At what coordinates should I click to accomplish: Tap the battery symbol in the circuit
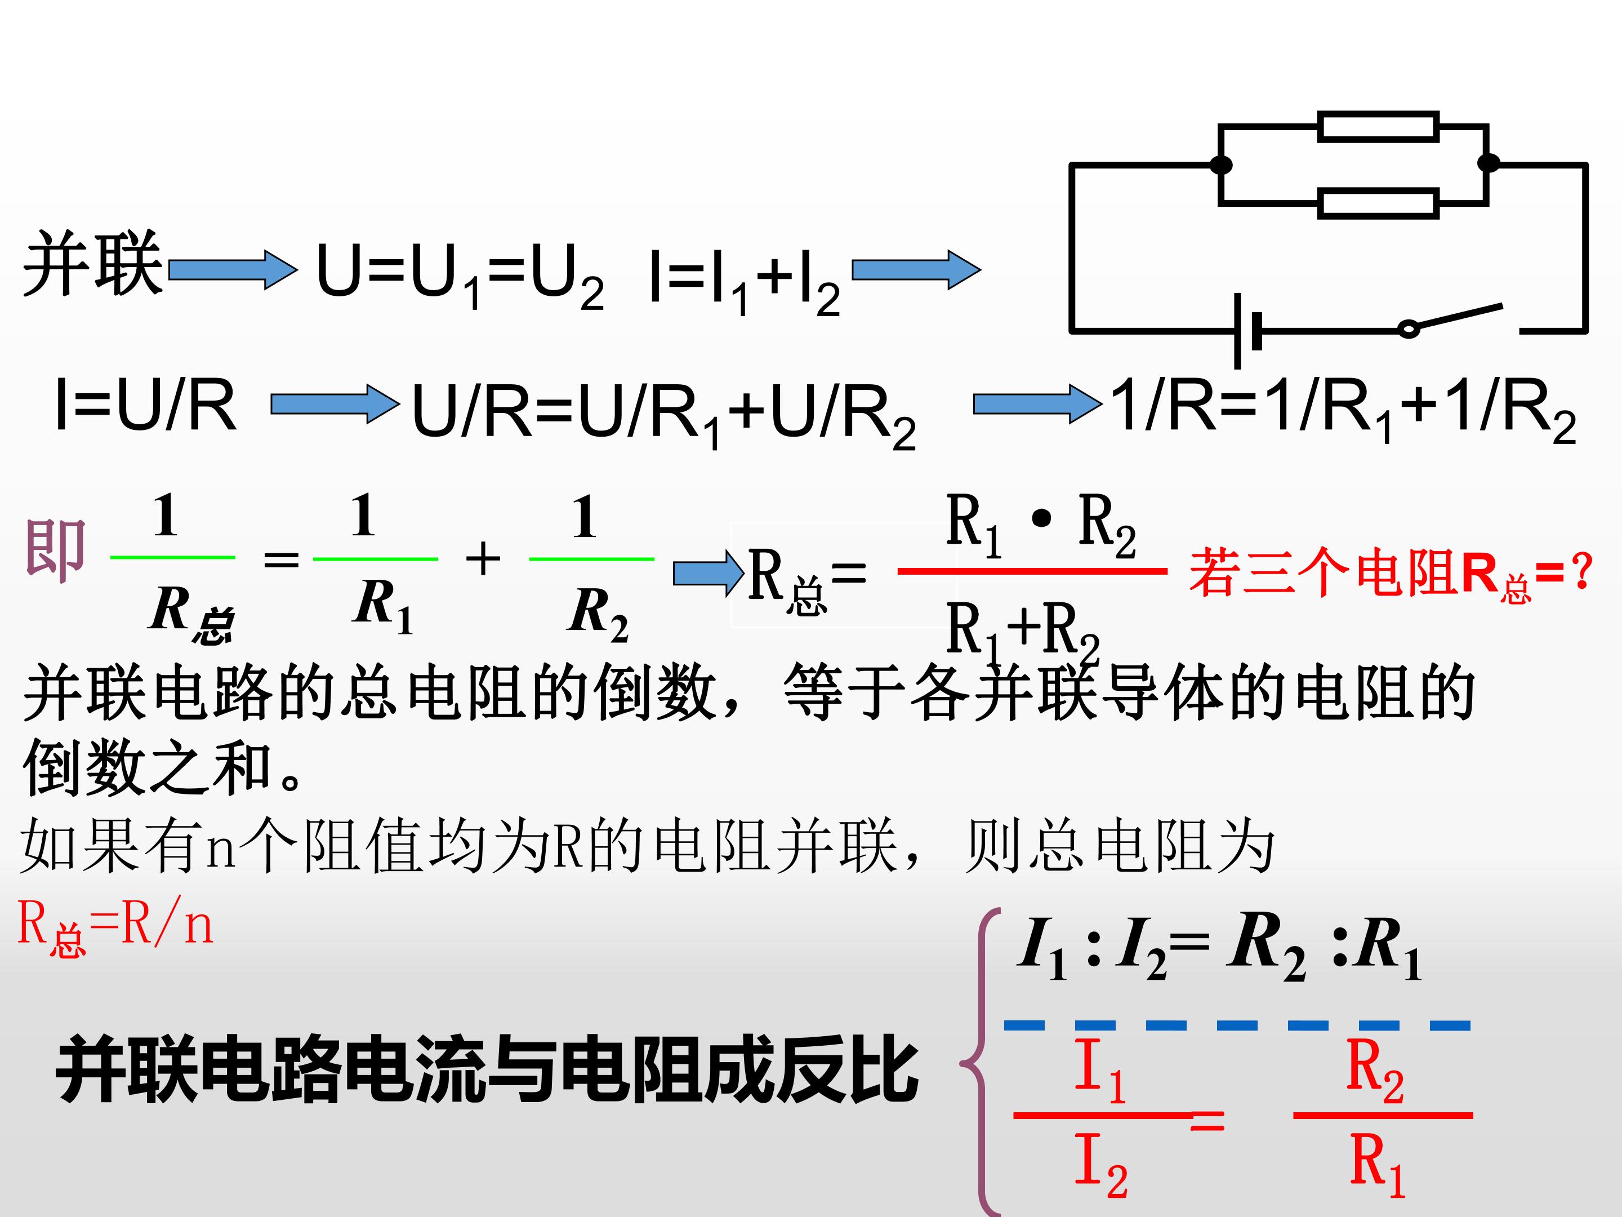click(1248, 331)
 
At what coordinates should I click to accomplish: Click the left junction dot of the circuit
click(1221, 165)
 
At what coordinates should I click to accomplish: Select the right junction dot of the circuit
click(1489, 162)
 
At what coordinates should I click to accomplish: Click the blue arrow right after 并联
click(233, 269)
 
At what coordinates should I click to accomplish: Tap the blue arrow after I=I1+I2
click(916, 270)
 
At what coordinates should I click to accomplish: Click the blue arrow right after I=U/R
click(335, 404)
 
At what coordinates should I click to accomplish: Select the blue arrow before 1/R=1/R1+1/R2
click(1037, 404)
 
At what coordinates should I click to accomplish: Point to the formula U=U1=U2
click(460, 275)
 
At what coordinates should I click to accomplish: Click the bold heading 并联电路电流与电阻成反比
click(487, 1069)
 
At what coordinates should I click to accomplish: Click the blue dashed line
click(1237, 1025)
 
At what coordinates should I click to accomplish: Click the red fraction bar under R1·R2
click(1032, 571)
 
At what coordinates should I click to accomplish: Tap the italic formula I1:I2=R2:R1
click(1219, 947)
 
